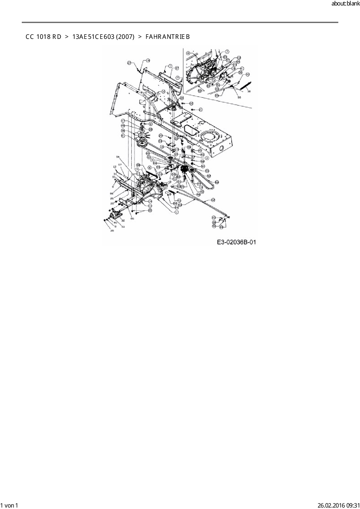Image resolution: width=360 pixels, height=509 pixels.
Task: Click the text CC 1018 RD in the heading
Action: [x=43, y=37]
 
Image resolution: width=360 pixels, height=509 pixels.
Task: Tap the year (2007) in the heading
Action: [x=125, y=37]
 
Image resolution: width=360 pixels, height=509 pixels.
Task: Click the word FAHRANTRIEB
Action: [x=168, y=37]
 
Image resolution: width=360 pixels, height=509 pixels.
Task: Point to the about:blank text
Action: [x=345, y=4]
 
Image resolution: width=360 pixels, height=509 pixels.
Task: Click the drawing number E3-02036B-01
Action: [x=236, y=242]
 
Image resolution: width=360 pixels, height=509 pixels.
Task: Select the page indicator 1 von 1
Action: [x=9, y=505]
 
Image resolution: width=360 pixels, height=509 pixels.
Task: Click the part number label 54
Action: [x=118, y=157]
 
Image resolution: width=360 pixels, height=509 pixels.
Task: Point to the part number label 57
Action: [x=120, y=165]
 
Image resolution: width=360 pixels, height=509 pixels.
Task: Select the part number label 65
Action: [x=132, y=219]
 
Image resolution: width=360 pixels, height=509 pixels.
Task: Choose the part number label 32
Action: [x=123, y=221]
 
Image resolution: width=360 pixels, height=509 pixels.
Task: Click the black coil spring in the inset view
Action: [x=246, y=86]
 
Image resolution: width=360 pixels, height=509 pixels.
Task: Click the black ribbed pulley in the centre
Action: [x=184, y=169]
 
